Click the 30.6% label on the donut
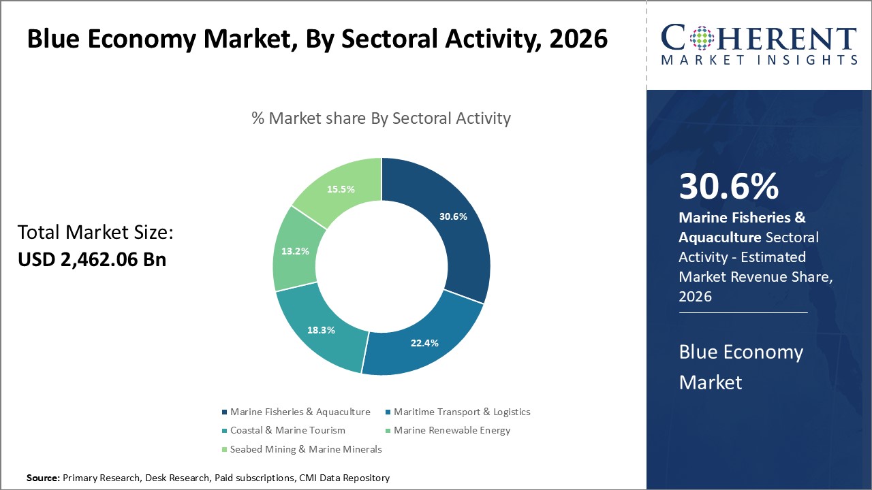pyautogui.click(x=453, y=216)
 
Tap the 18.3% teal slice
pyautogui.click(x=321, y=329)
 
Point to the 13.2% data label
pyautogui.click(x=295, y=250)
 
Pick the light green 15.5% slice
pyautogui.click(x=341, y=189)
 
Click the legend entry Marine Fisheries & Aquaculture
pyautogui.click(x=300, y=412)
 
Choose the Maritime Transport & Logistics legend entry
pyautogui.click(x=461, y=412)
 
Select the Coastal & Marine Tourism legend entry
pyautogui.click(x=287, y=430)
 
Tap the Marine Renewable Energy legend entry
pyautogui.click(x=451, y=430)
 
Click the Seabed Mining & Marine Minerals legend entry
pyautogui.click(x=305, y=449)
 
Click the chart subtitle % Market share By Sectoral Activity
pyautogui.click(x=381, y=118)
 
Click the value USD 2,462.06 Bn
pyautogui.click(x=92, y=259)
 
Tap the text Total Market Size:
pyautogui.click(x=95, y=233)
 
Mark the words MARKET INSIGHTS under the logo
pyautogui.click(x=758, y=60)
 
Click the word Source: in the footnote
pyautogui.click(x=43, y=478)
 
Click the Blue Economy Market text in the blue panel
pyautogui.click(x=741, y=367)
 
